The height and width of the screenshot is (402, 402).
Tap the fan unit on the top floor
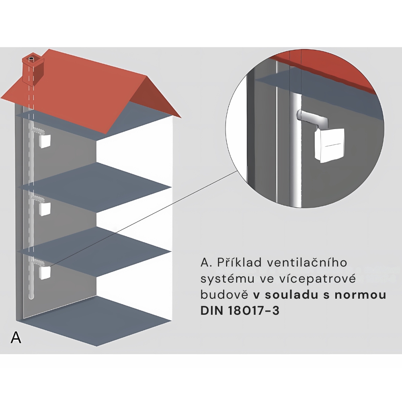[x=44, y=140]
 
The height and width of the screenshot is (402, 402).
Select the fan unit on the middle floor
[x=44, y=208]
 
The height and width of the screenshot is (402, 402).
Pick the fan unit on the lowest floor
[x=44, y=272]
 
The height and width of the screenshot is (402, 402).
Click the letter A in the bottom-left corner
[x=16, y=337]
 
